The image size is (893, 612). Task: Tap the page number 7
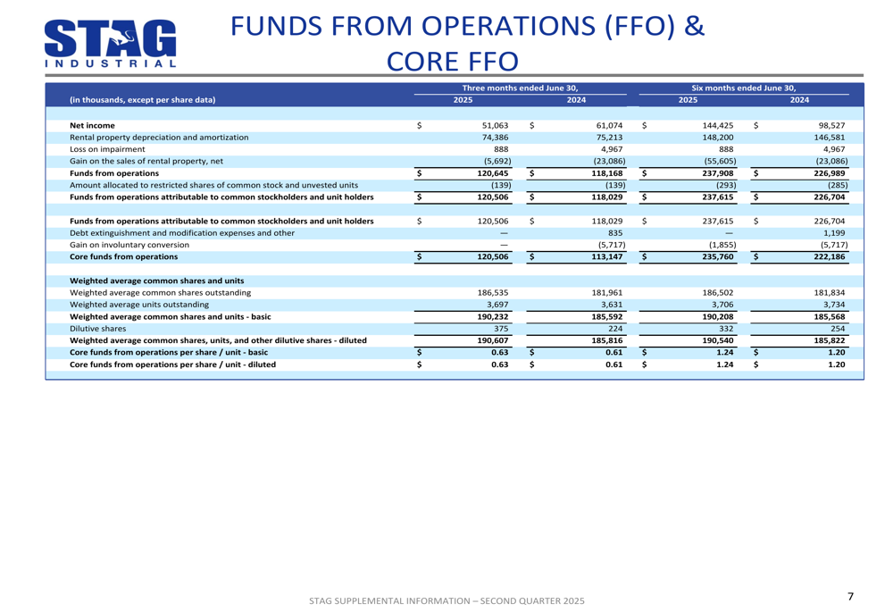point(850,596)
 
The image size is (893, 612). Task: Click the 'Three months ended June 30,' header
point(520,88)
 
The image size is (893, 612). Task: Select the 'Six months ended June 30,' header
point(744,88)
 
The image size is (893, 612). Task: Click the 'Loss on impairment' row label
point(108,149)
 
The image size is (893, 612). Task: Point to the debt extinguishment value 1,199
point(833,232)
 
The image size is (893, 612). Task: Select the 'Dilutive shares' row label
point(98,328)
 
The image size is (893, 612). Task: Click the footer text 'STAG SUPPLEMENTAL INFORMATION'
point(393,601)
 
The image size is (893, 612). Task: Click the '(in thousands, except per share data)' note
point(142,100)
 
